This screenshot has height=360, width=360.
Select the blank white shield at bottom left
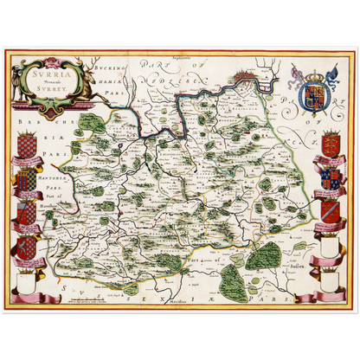pyautogui.click(x=27, y=278)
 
